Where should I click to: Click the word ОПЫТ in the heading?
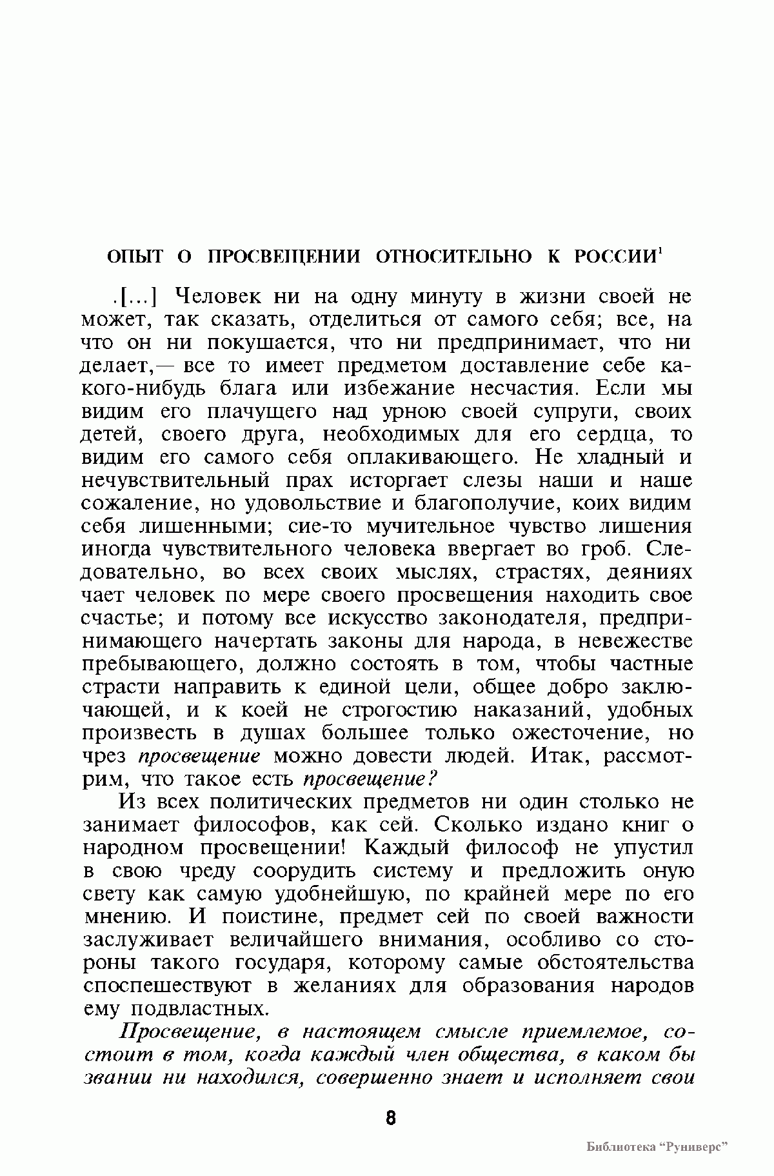[135, 257]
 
